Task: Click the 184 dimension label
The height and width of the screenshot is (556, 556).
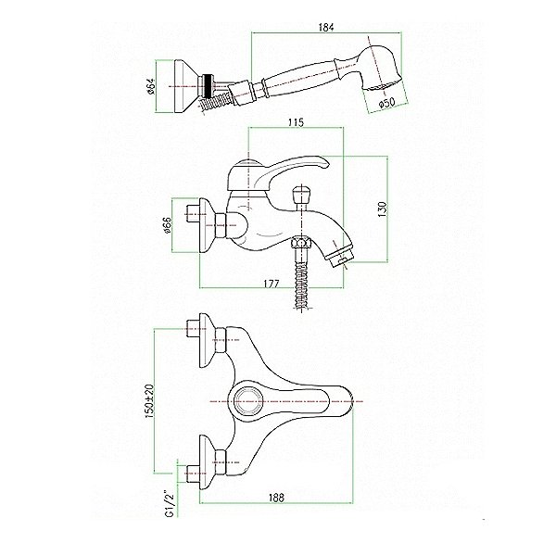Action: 326,27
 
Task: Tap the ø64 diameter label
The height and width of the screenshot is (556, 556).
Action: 151,86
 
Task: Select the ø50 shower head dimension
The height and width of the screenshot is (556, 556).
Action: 386,102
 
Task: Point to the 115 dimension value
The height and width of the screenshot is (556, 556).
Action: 297,122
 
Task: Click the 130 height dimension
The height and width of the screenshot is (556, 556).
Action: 382,209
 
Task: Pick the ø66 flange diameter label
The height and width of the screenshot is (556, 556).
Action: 168,225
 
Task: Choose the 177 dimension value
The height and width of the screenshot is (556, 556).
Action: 272,284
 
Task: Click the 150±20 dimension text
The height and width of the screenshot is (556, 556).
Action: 150,401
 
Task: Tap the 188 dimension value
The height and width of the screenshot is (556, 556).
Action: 276,498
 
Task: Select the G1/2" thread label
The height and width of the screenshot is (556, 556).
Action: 171,503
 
